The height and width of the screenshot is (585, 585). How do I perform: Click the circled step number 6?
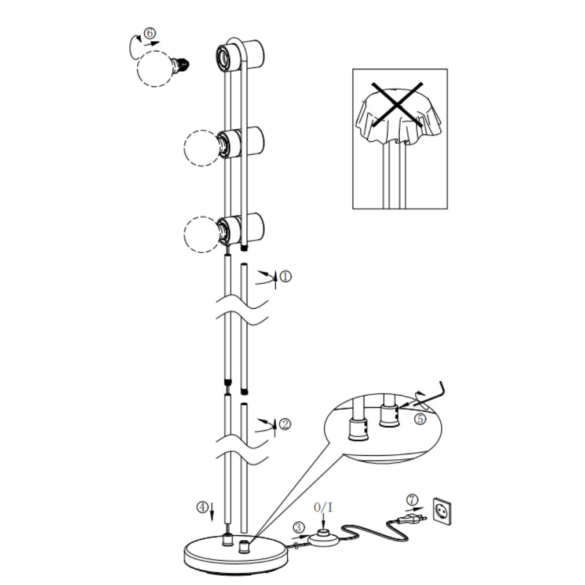tap(149, 33)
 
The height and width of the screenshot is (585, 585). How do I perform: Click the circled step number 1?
tap(286, 276)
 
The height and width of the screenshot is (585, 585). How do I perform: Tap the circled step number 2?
tap(284, 424)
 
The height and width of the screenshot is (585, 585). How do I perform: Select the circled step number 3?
tap(298, 527)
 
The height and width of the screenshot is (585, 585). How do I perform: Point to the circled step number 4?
tap(202, 507)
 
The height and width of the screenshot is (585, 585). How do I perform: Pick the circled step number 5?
tap(420, 419)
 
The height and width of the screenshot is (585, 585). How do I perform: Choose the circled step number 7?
tap(412, 499)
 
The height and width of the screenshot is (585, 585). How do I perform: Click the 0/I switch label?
tap(323, 507)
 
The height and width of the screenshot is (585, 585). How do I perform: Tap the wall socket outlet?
tap(442, 511)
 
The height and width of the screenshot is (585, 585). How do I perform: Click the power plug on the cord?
tap(411, 518)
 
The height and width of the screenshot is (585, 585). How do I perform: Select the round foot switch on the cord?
tap(323, 538)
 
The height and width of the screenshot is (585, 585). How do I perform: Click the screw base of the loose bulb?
tap(181, 65)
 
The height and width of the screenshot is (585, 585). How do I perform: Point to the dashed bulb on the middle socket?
tap(202, 148)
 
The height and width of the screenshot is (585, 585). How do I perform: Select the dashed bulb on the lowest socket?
tap(202, 235)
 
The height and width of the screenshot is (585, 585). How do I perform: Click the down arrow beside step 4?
tap(212, 511)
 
